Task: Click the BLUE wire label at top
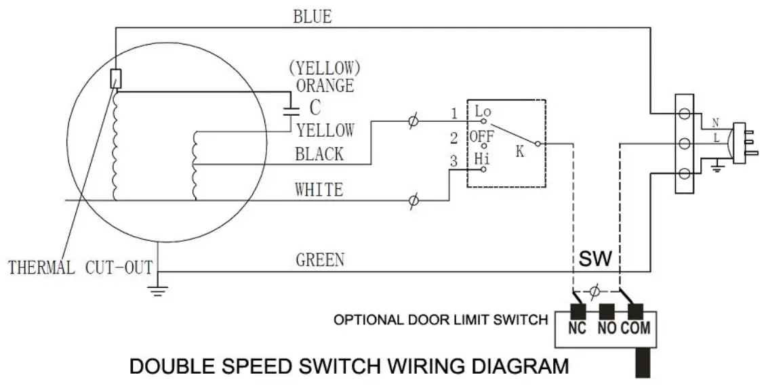click(x=313, y=16)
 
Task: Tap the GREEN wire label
click(x=320, y=259)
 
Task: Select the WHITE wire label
click(x=319, y=189)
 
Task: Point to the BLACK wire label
click(x=319, y=154)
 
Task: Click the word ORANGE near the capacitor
click(x=325, y=86)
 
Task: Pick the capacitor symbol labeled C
click(x=293, y=108)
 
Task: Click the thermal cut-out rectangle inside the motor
click(x=115, y=79)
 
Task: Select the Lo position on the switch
click(x=483, y=111)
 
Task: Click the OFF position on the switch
click(x=482, y=135)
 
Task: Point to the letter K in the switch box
click(x=520, y=152)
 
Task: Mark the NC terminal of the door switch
click(x=578, y=328)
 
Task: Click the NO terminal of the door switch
click(x=607, y=328)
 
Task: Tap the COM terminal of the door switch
click(x=635, y=328)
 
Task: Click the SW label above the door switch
click(x=595, y=259)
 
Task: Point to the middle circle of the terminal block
click(x=684, y=143)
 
